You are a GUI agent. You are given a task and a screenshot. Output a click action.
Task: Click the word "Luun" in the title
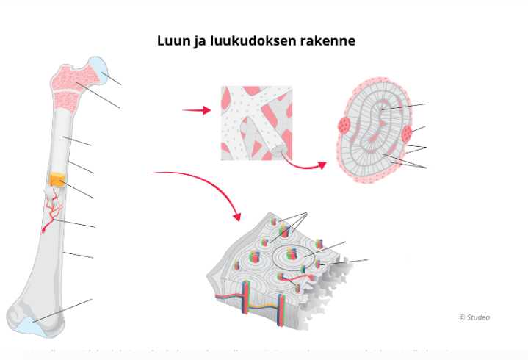point(172,41)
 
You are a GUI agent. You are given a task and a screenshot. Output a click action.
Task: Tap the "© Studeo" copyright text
point(474,317)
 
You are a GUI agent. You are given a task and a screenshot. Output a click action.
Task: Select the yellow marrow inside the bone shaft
point(57,180)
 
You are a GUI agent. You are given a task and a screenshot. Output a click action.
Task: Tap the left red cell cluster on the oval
point(344,126)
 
